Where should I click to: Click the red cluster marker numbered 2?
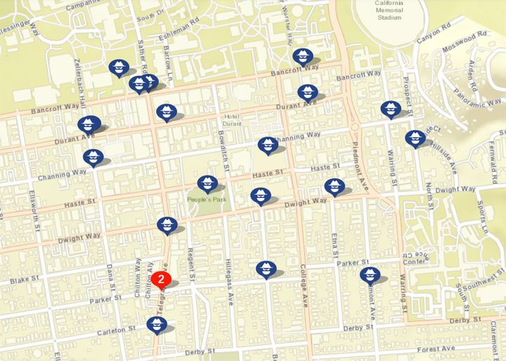[162, 279]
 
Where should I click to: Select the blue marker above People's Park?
[207, 184]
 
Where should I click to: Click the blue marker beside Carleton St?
[157, 324]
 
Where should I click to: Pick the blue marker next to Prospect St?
[391, 109]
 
